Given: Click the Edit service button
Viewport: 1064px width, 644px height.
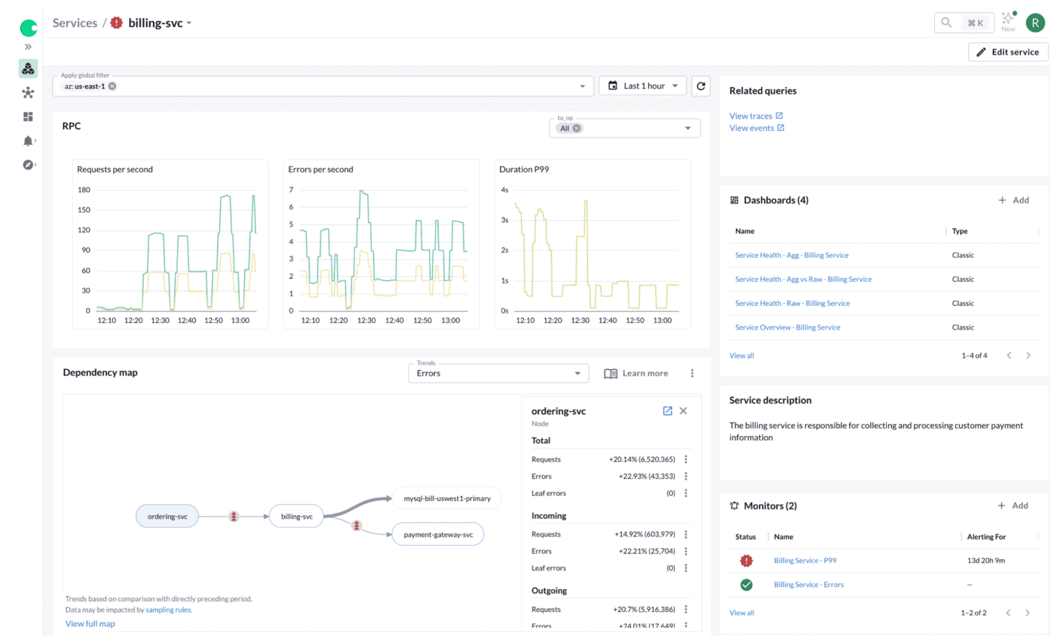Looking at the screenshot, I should tap(1008, 52).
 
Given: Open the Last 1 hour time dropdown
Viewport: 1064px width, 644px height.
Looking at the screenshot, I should tap(643, 86).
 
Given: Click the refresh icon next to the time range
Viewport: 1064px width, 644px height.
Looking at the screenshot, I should tap(700, 86).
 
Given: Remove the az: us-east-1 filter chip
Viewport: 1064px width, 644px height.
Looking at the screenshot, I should tap(112, 86).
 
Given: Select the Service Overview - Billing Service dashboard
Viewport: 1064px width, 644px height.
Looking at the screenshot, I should tap(787, 327).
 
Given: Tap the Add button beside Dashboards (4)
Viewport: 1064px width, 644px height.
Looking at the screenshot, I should tap(1013, 200).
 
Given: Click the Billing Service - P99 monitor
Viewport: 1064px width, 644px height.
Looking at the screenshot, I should tap(805, 560).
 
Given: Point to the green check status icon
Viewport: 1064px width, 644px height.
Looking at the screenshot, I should tap(746, 585).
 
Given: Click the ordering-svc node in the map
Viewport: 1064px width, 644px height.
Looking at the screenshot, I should tap(167, 516).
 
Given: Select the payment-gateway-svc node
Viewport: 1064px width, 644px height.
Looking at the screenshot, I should tap(438, 534).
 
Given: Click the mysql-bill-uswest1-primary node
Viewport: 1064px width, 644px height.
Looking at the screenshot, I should tap(447, 499).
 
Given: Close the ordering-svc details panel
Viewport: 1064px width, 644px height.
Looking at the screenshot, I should tap(683, 411).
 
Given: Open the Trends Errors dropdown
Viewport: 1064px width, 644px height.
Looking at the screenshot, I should tap(498, 373).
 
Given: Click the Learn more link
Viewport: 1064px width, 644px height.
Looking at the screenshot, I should tap(636, 373).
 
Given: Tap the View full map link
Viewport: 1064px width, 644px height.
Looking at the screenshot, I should tap(90, 623).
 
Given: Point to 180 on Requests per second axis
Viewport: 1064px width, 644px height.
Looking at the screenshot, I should tap(84, 190).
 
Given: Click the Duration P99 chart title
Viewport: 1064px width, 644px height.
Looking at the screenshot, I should tap(524, 169).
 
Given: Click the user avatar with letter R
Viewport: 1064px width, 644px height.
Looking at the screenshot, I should tap(1035, 23).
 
